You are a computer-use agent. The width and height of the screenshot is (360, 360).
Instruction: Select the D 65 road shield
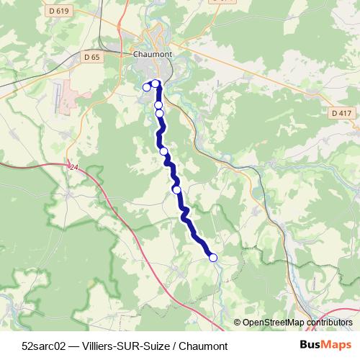[91, 55]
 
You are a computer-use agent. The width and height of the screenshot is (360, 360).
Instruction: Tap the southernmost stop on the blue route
[212, 257]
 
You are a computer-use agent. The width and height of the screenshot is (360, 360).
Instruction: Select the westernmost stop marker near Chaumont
[147, 87]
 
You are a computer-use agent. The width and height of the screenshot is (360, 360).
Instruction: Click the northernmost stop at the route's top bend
[156, 84]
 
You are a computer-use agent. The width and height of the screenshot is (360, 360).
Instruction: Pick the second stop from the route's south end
[176, 189]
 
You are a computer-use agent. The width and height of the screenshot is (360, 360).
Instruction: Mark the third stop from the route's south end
[164, 151]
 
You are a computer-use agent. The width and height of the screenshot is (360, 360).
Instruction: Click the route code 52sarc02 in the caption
[44, 346]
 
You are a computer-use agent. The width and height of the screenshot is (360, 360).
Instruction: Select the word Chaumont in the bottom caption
[203, 346]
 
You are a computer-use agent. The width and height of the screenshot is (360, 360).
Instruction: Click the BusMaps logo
[326, 345]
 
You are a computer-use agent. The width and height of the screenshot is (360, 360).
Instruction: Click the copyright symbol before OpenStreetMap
[238, 323]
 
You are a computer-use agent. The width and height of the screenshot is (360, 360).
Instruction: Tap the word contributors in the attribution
[328, 323]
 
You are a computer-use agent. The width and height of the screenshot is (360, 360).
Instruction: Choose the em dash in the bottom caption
[74, 346]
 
